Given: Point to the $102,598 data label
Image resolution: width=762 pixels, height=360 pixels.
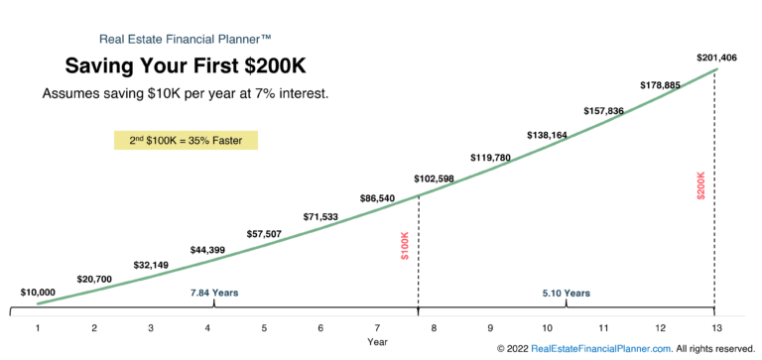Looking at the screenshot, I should click(434, 179).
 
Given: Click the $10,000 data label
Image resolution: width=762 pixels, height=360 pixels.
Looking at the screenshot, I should click(38, 293).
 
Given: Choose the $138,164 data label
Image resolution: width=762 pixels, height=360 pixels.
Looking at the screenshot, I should click(547, 134).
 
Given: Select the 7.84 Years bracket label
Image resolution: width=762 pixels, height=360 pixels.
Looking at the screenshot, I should click(214, 293).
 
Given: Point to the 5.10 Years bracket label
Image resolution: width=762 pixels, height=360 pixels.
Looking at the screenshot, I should click(567, 293).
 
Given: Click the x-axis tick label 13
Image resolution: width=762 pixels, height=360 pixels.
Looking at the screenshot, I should click(714, 327).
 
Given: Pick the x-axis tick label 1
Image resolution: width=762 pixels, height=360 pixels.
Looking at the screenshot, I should click(38, 327).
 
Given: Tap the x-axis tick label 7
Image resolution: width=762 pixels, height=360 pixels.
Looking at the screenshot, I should click(377, 327).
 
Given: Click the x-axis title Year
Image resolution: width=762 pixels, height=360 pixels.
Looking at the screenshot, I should click(377, 342).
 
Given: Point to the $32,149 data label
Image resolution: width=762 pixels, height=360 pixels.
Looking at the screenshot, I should click(151, 266).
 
